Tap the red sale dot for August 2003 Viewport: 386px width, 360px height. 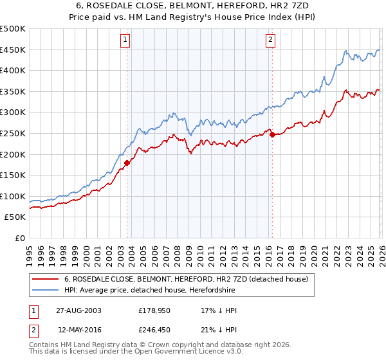click(x=127, y=163)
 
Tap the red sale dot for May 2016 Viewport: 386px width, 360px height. click(x=272, y=134)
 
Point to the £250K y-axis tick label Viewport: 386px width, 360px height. click(x=13, y=133)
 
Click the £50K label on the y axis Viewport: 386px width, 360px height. click(x=15, y=217)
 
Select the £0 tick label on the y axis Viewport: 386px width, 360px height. click(x=21, y=239)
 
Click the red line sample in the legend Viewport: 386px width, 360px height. click(x=45, y=279)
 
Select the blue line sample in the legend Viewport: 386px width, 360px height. click(x=45, y=291)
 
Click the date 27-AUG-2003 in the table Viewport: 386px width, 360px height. click(x=78, y=310)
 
